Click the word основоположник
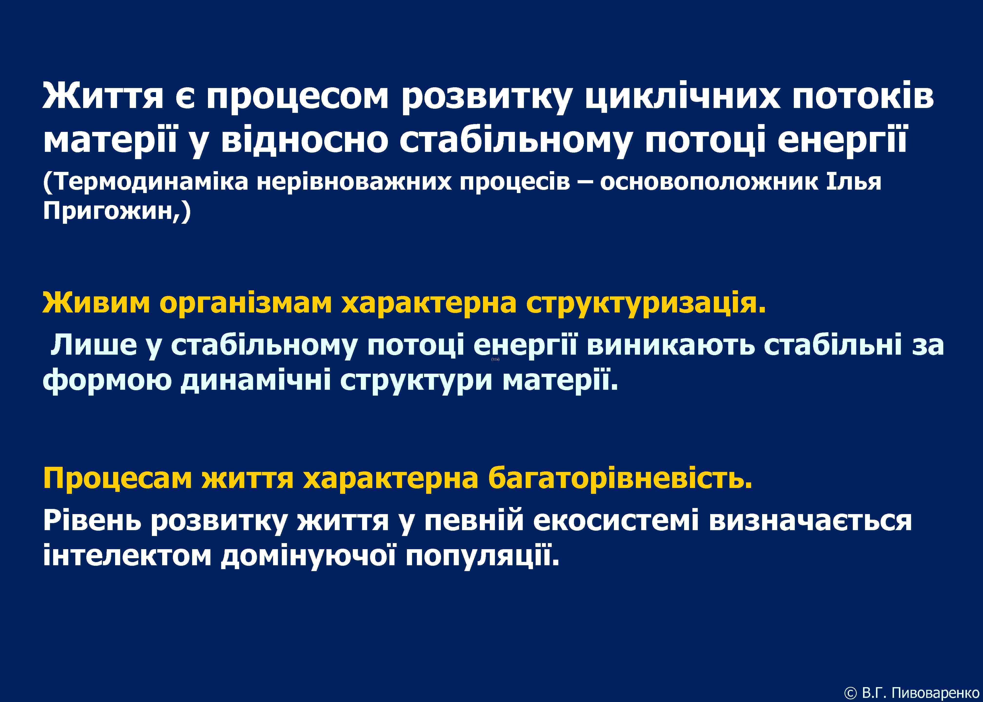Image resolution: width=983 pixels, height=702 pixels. click(709, 182)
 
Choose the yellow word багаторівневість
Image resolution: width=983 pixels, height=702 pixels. click(620, 478)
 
